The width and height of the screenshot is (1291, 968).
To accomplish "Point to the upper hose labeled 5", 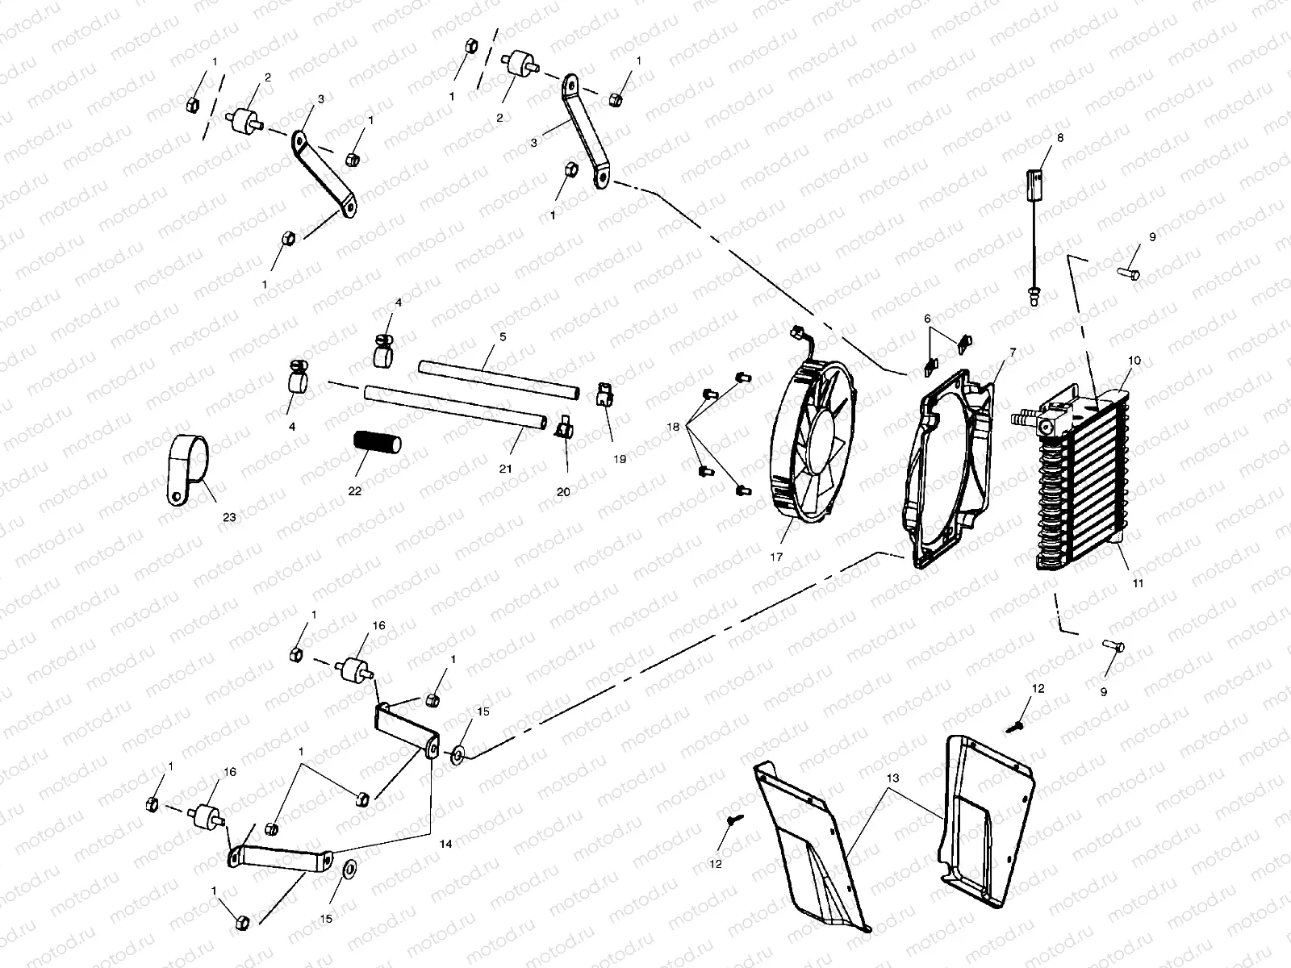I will [x=499, y=379].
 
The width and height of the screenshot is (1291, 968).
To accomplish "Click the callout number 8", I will [x=1059, y=138].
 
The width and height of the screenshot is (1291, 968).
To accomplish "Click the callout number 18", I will [x=673, y=425].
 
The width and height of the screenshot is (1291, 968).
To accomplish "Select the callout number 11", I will [x=1138, y=582].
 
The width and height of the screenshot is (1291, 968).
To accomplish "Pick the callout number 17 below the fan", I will [x=776, y=557].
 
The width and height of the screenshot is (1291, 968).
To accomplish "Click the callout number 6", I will [x=928, y=319].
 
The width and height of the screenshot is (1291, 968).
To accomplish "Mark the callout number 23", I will [x=229, y=517].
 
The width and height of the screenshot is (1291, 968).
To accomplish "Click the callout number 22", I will [x=355, y=490].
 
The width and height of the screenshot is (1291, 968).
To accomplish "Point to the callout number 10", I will [x=1134, y=361].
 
